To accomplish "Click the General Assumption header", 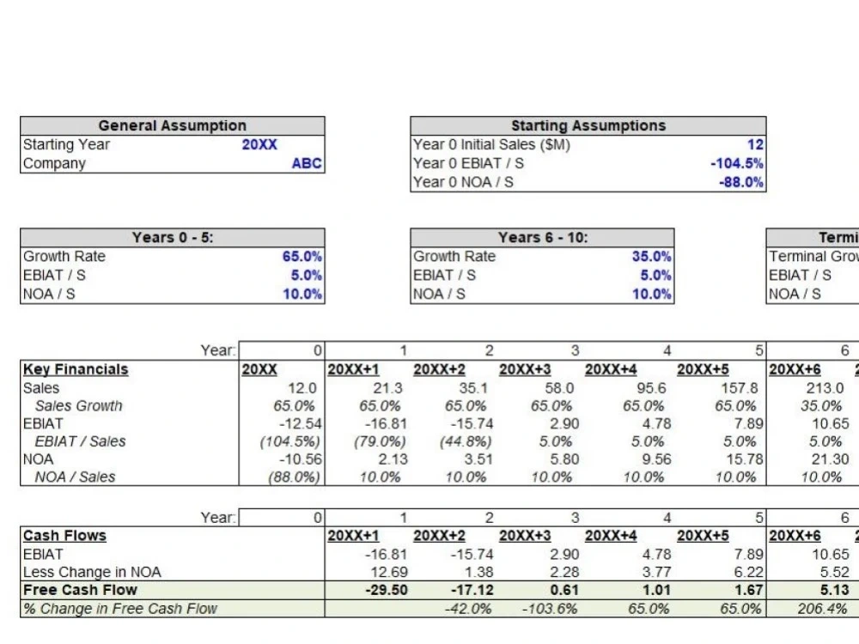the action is pyautogui.click(x=172, y=125).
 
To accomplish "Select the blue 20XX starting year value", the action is pyautogui.click(x=259, y=144).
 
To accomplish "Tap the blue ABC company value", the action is pyautogui.click(x=307, y=163).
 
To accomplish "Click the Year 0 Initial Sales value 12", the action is pyautogui.click(x=755, y=144).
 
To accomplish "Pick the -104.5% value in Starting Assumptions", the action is pyautogui.click(x=737, y=163).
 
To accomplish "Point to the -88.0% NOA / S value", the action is pyautogui.click(x=741, y=182).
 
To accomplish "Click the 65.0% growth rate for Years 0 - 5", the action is pyautogui.click(x=302, y=256).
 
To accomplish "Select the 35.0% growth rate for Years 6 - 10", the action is pyautogui.click(x=651, y=256).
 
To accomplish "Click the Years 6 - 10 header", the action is pyautogui.click(x=542, y=237).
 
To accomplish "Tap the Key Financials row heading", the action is pyautogui.click(x=76, y=369).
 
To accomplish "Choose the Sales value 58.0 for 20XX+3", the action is pyautogui.click(x=559, y=388).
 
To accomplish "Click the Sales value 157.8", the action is pyautogui.click(x=739, y=388).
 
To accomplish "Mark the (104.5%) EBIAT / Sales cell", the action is pyautogui.click(x=290, y=441).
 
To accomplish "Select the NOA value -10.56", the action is pyautogui.click(x=300, y=459).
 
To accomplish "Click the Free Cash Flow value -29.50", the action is pyautogui.click(x=387, y=590).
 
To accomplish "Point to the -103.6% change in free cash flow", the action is pyautogui.click(x=550, y=609).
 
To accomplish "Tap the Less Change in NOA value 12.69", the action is pyautogui.click(x=389, y=572).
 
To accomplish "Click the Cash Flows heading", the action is pyautogui.click(x=64, y=536).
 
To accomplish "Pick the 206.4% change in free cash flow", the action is pyautogui.click(x=822, y=609).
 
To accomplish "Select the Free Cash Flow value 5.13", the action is pyautogui.click(x=834, y=590).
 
